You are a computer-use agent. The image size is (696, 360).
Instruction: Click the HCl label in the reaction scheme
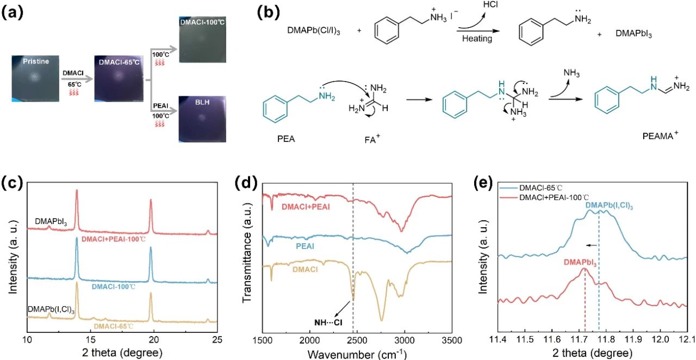pos(490,5)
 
